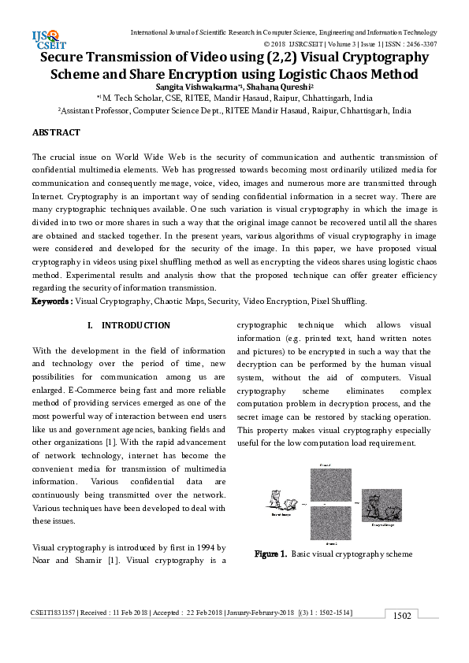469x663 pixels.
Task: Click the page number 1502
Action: (402, 615)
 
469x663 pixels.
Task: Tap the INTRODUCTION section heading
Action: (136, 325)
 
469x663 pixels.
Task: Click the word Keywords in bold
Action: (52, 301)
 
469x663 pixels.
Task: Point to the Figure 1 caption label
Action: (270, 554)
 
